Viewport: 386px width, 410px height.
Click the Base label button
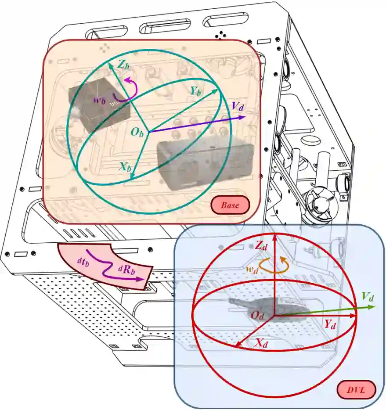tap(230, 205)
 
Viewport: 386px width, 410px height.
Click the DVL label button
tap(356, 389)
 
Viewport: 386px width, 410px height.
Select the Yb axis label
tap(196, 91)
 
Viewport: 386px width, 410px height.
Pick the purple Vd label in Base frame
tap(238, 106)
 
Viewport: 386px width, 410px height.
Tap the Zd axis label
tap(262, 245)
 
